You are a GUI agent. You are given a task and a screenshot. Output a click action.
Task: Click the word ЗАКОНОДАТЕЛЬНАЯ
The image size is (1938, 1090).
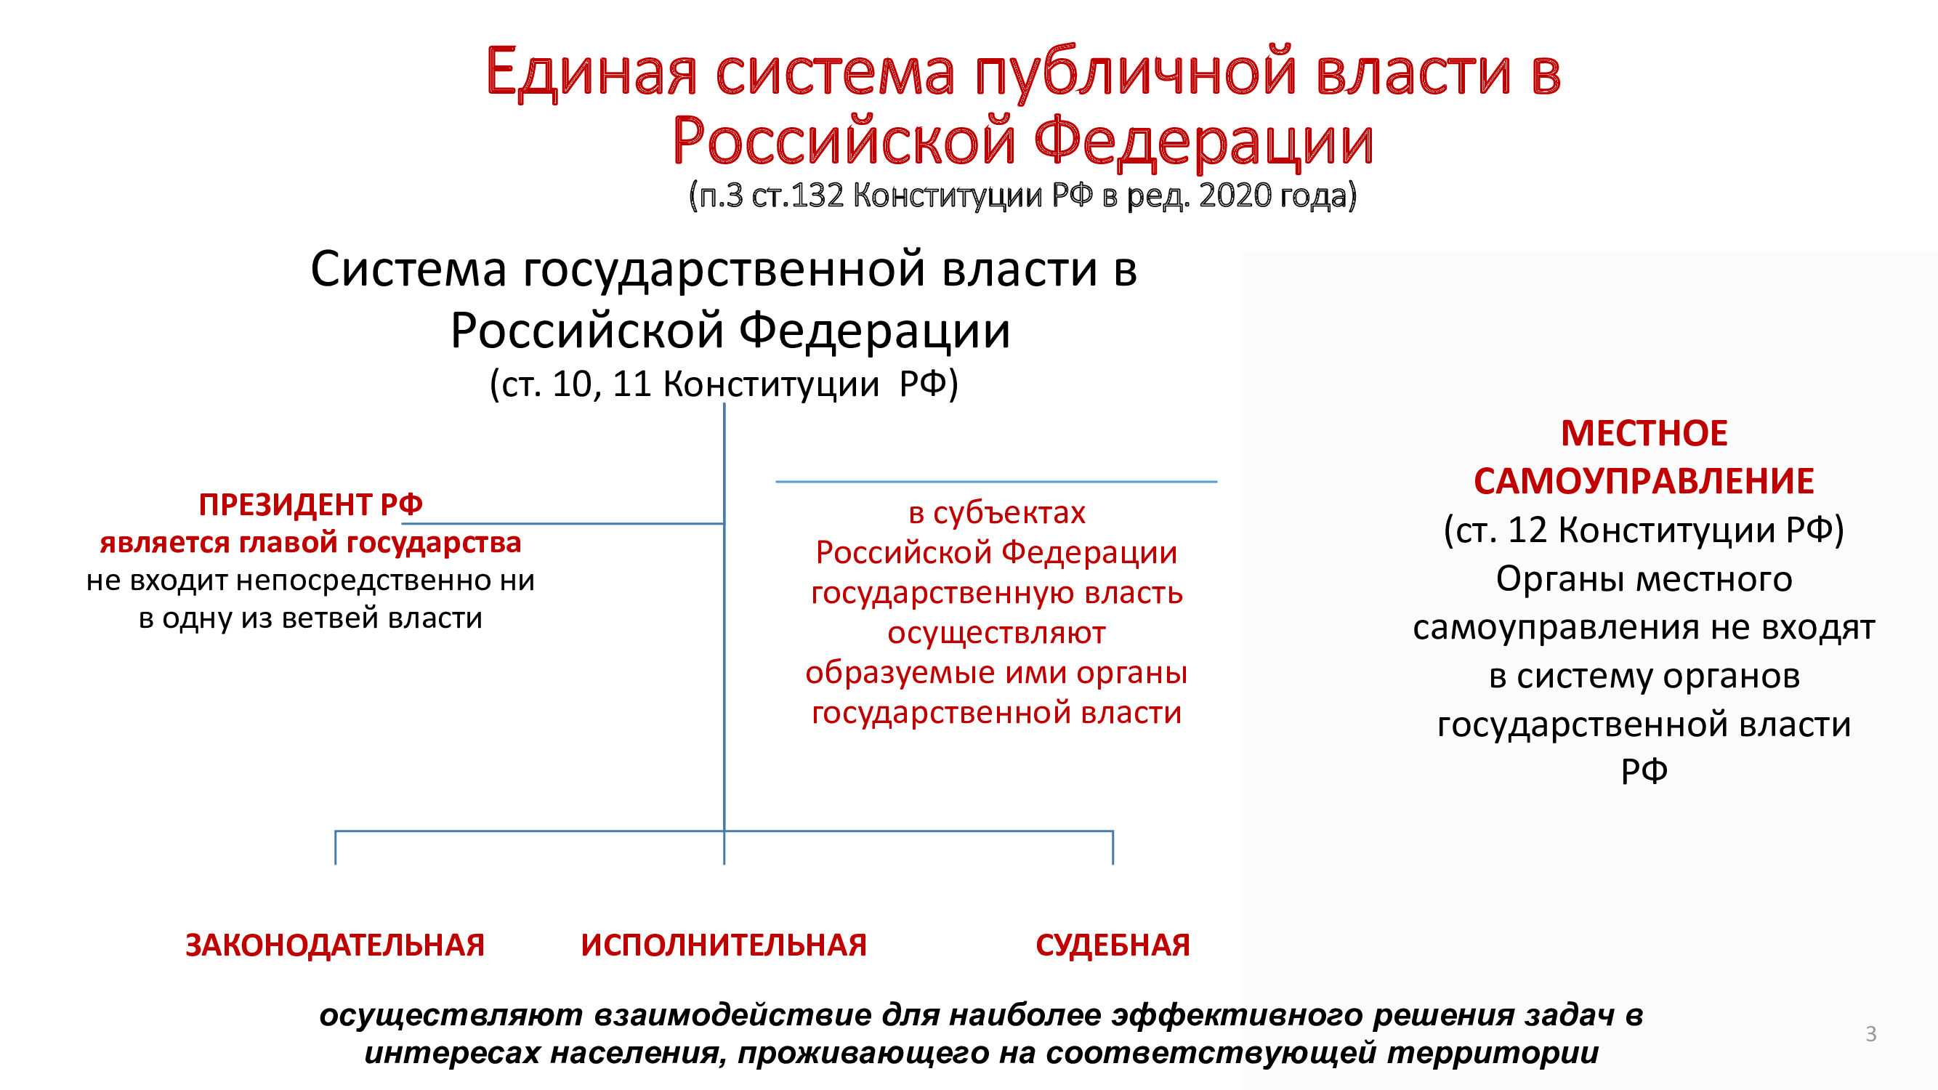click(x=335, y=945)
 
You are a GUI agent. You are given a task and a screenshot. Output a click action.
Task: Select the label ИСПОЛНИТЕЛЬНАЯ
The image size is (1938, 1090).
click(x=724, y=945)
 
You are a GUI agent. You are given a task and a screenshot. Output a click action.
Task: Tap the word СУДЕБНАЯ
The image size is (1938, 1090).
click(x=1113, y=945)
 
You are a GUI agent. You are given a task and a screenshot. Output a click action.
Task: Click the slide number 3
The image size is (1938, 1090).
click(x=1871, y=1033)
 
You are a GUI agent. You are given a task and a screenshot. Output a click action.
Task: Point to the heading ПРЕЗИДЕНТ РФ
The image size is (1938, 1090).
click(x=311, y=505)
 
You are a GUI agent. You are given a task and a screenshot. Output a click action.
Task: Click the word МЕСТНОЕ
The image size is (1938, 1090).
click(x=1644, y=434)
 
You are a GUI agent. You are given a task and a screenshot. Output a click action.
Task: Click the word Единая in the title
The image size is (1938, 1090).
click(x=592, y=72)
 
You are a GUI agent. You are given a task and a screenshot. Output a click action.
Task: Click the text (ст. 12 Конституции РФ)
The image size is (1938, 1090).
click(x=1644, y=530)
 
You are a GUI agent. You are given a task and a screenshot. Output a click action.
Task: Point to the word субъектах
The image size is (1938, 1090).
click(x=1009, y=513)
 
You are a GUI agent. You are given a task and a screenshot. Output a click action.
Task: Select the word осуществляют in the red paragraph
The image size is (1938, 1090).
click(x=997, y=634)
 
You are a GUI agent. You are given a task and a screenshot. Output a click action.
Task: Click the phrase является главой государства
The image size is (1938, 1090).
click(x=311, y=542)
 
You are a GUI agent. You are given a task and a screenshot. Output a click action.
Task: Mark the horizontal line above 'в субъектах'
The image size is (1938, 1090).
click(x=996, y=482)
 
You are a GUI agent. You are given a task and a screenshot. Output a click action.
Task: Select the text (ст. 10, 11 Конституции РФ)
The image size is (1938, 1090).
click(x=724, y=384)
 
